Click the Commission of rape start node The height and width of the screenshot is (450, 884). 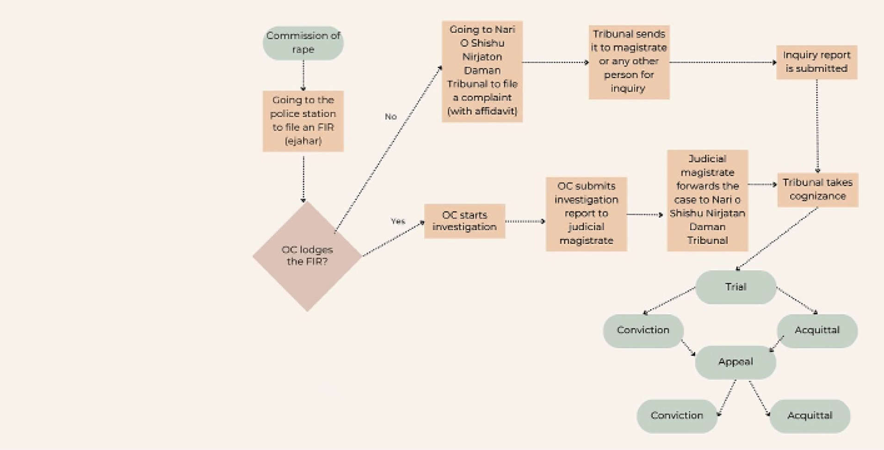[303, 43]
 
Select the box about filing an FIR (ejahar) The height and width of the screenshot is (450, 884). [303, 121]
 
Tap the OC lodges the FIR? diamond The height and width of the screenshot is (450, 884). [307, 256]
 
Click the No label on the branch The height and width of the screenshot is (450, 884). [391, 117]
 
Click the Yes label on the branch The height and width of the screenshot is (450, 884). [398, 221]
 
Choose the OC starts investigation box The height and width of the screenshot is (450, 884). [464, 221]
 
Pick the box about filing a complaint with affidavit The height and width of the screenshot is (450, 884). [482, 71]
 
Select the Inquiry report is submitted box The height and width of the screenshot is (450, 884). [816, 62]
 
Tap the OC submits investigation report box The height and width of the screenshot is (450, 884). [586, 214]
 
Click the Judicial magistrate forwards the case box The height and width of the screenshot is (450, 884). [707, 200]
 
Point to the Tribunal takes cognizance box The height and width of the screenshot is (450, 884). [817, 190]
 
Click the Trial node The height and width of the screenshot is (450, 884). [736, 287]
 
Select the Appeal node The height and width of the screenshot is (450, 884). [736, 362]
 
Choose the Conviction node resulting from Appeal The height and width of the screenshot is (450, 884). [677, 416]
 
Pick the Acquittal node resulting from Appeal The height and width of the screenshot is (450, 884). [810, 416]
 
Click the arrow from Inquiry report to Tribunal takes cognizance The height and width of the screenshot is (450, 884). [817, 125]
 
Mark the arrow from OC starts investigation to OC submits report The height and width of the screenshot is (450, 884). [525, 221]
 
